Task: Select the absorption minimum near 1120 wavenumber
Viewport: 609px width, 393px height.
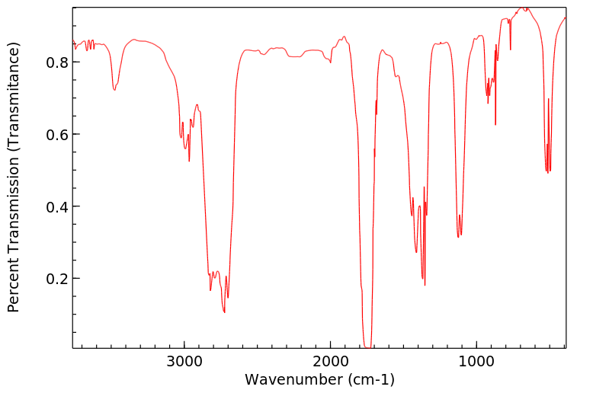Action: click(x=458, y=237)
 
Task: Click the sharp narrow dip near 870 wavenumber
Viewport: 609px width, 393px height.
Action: click(x=495, y=124)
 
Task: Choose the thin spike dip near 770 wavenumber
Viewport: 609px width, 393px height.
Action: click(x=511, y=50)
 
